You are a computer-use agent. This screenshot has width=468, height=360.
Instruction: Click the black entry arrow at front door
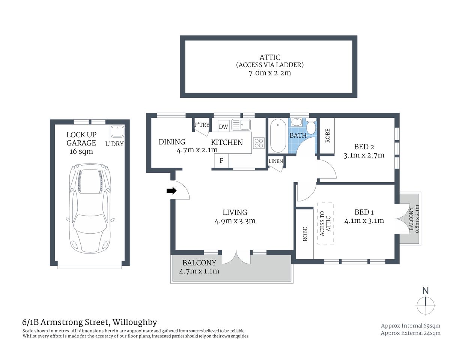(171, 191)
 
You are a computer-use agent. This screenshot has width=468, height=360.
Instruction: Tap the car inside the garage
(90, 208)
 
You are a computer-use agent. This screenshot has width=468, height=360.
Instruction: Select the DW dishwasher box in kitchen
(223, 126)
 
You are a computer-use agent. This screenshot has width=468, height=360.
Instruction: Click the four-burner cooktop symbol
(259, 143)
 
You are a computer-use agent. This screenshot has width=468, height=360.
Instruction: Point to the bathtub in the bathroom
(278, 135)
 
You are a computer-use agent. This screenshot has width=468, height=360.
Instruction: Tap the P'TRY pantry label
(202, 125)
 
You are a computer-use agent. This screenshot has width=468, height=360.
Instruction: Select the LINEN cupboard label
(275, 161)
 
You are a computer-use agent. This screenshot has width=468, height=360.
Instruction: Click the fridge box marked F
(221, 160)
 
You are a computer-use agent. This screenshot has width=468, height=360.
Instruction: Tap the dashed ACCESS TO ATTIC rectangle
(326, 223)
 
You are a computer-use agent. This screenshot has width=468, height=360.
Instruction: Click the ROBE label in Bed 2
(327, 135)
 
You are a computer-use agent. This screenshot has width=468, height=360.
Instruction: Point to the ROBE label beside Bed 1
(305, 234)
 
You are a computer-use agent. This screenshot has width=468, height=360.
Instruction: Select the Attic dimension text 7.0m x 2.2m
(270, 73)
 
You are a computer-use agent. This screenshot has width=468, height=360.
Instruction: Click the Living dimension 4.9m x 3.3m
(235, 221)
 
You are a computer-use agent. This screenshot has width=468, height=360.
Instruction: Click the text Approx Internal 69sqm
(411, 325)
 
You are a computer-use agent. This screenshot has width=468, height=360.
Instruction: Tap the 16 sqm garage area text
(81, 151)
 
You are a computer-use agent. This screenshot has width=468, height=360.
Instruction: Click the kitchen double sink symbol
(241, 124)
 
